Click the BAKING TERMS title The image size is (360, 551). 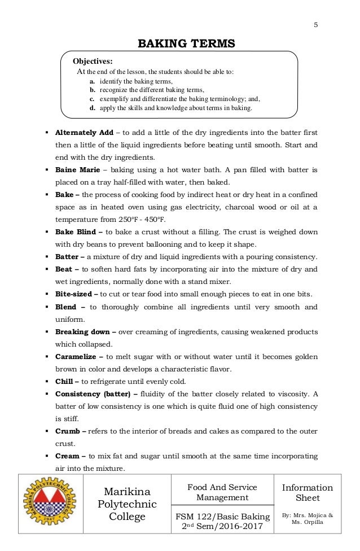pyautogui.click(x=181, y=43)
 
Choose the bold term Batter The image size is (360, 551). pyautogui.click(x=68, y=257)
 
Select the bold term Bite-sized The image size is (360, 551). pyautogui.click(x=74, y=294)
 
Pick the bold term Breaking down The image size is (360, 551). pyautogui.click(x=81, y=331)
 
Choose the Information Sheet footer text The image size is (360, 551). pyautogui.click(x=308, y=493)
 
